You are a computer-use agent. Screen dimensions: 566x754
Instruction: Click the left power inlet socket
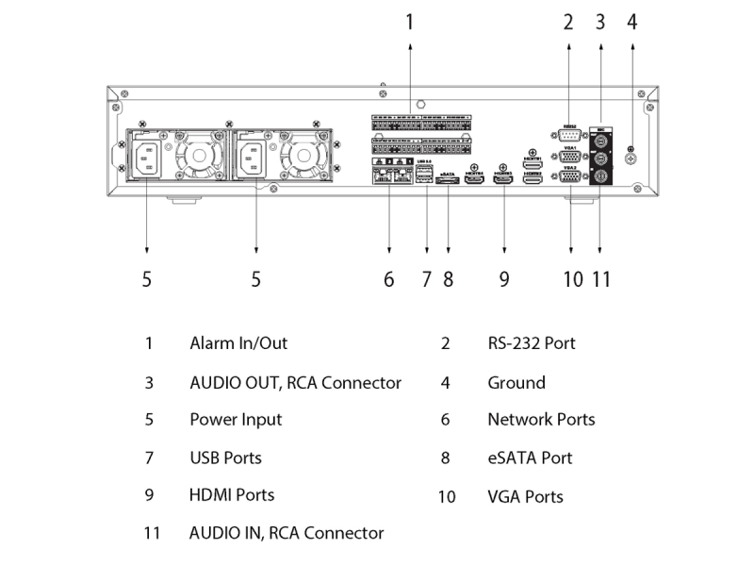146,157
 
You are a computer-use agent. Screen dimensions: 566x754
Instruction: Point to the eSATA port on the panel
448,181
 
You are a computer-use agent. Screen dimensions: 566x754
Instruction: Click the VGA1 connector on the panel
569,156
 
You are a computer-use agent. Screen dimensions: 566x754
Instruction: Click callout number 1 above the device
410,22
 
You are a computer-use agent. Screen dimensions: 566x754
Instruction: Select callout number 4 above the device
631,22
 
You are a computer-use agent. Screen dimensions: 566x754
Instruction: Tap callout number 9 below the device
504,279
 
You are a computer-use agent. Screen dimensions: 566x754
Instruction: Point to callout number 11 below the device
601,279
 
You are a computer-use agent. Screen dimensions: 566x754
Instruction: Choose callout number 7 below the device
426,279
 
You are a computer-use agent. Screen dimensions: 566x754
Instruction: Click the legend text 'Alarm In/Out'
238,343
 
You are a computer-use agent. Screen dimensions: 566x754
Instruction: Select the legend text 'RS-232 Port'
532,343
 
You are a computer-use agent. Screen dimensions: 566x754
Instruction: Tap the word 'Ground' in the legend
516,382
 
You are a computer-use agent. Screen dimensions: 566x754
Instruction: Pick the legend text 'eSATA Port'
530,458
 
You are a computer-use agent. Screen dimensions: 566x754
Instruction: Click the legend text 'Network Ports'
541,420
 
